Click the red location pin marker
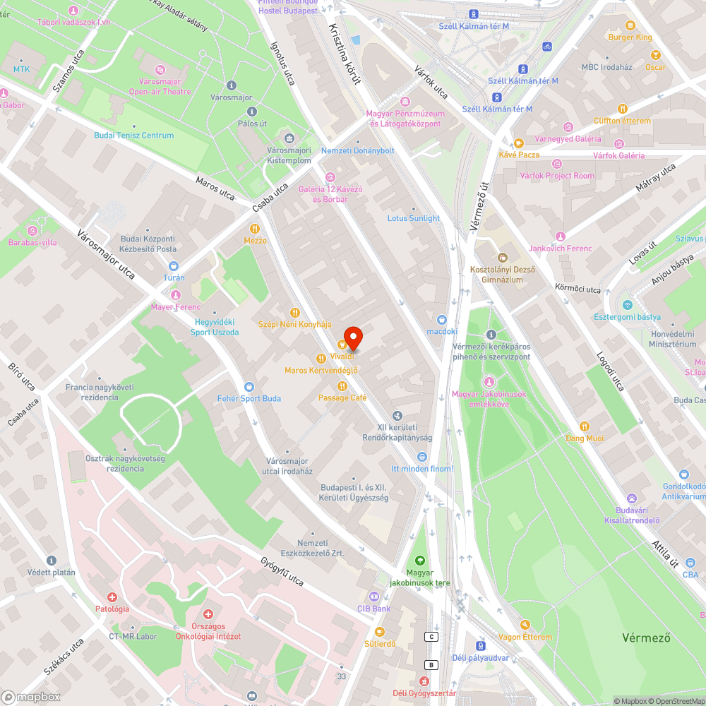pos(352,338)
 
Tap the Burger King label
pos(630,37)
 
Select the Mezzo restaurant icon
pos(255,229)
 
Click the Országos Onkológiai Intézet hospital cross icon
pos(208,615)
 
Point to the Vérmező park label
pos(645,638)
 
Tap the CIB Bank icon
pos(373,597)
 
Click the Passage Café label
pos(342,397)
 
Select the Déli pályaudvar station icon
pos(480,645)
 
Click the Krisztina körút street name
pos(345,54)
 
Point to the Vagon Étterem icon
pos(525,625)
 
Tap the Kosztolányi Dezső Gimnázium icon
pos(503,257)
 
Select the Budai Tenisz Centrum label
pos(134,135)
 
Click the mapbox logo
pos(32,697)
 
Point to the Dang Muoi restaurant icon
pos(584,426)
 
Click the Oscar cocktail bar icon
pos(655,55)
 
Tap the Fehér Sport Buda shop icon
pos(249,386)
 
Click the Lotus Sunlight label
pos(413,218)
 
